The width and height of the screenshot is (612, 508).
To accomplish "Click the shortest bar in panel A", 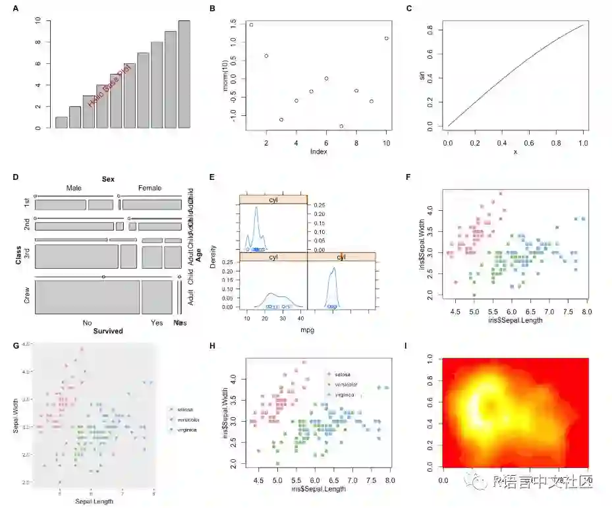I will coord(61,122).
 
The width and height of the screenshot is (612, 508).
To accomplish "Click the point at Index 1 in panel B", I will coord(251,25).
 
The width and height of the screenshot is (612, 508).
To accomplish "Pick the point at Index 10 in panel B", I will coord(386,38).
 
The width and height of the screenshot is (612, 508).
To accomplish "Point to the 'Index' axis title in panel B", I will coord(318,151).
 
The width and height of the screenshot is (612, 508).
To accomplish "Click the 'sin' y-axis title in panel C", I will coord(422,76).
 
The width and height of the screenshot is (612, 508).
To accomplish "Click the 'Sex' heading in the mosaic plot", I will coord(108,179).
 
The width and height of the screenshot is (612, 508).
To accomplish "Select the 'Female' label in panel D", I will coord(150,188).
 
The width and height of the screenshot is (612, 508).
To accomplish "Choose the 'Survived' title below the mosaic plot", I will coord(108,331).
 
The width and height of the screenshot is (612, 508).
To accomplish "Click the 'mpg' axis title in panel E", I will coord(306,330).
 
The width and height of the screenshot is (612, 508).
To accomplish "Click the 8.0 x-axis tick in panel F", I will coord(586,310).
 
